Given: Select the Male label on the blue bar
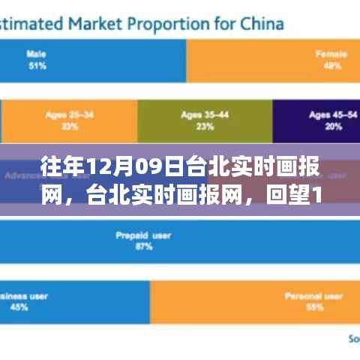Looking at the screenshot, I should (35, 54).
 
